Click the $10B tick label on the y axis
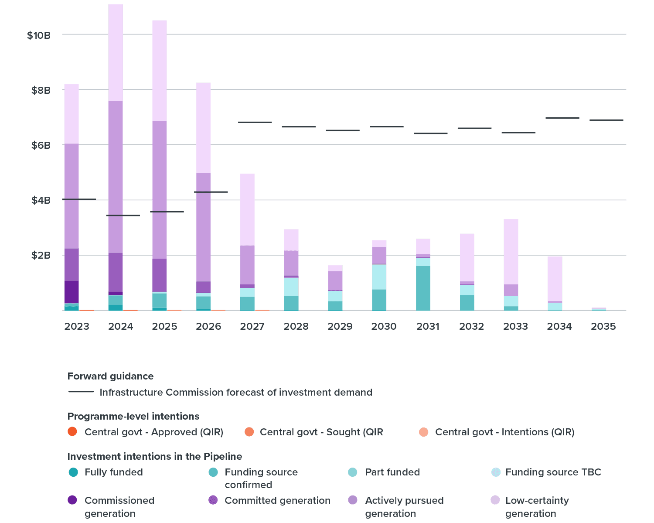pos(39,35)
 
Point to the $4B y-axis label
pos(41,200)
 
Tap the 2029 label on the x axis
pos(340,326)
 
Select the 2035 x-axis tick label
pos(603,326)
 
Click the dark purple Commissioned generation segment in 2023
pos(72,291)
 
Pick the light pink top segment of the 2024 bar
pos(116,53)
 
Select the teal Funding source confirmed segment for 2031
pos(423,288)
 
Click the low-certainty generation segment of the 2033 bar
pos(511,252)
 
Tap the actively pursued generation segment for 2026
pos(203,227)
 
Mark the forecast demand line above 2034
pos(562,118)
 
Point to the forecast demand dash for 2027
pos(255,122)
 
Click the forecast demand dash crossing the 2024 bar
pos(123,215)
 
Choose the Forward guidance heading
pos(110,376)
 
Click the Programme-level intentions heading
pos(133,416)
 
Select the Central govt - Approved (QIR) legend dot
pos(72,432)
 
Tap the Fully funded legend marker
pos(73,472)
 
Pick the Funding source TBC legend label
pos(553,472)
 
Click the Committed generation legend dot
pos(213,500)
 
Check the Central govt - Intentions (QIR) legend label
pos(504,432)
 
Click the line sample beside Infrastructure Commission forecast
pos(81,392)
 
